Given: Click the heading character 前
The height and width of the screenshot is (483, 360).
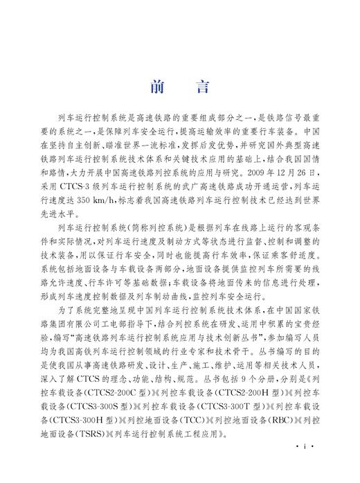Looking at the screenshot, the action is [x=156, y=87].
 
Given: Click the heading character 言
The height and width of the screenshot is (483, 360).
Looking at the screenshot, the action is [x=202, y=87].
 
